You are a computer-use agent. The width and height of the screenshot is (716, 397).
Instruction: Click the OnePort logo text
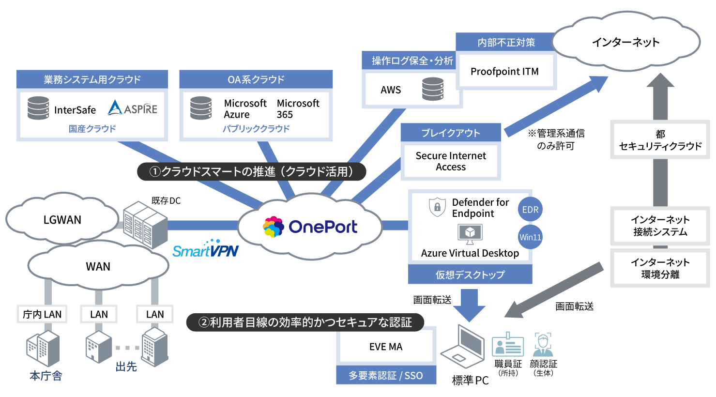[x=322, y=227]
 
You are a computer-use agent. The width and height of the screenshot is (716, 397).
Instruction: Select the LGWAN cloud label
[x=62, y=220]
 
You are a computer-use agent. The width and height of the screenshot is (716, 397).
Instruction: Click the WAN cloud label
[x=98, y=266]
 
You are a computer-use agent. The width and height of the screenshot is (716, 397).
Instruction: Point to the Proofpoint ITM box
[x=504, y=72]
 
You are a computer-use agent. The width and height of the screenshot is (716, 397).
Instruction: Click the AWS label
[x=391, y=90]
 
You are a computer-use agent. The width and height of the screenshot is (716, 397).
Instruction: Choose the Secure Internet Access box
[x=450, y=161]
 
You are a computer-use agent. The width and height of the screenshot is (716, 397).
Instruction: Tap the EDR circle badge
[x=530, y=210]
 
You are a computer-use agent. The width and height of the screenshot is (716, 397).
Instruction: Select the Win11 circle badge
[x=530, y=237]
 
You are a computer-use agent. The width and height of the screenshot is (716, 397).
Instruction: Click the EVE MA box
[x=386, y=347]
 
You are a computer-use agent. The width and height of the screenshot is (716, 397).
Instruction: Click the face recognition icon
[x=543, y=344]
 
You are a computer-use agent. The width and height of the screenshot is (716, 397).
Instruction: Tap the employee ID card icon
[x=507, y=345]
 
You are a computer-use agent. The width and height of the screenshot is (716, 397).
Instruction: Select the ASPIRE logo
[x=133, y=108]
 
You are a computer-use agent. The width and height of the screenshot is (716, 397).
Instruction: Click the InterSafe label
[x=75, y=110]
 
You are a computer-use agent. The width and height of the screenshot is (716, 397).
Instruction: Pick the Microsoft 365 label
[x=298, y=109]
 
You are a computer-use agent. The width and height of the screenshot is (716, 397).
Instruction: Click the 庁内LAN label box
[x=42, y=314]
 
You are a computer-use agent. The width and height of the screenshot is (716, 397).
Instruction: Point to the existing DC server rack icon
[x=145, y=225]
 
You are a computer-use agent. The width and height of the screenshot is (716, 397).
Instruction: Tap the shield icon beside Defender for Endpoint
[x=437, y=207]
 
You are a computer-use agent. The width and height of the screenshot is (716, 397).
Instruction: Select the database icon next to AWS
[x=432, y=90]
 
